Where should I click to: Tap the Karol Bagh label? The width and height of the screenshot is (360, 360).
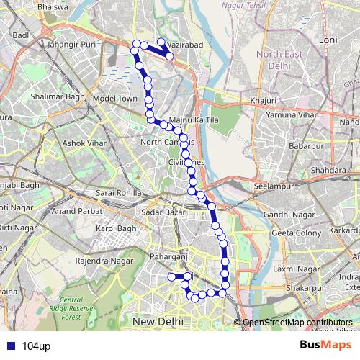pyautogui.click(x=116, y=229)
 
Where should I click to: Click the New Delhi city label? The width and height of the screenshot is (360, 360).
pyautogui.click(x=158, y=320)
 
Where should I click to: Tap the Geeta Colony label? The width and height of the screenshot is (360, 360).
pyautogui.click(x=296, y=233)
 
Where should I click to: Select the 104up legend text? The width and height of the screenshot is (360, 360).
pyautogui.click(x=36, y=347)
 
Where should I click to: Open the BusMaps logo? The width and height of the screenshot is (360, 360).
pyautogui.click(x=325, y=346)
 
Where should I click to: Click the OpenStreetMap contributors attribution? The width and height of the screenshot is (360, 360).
pyautogui.click(x=297, y=323)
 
